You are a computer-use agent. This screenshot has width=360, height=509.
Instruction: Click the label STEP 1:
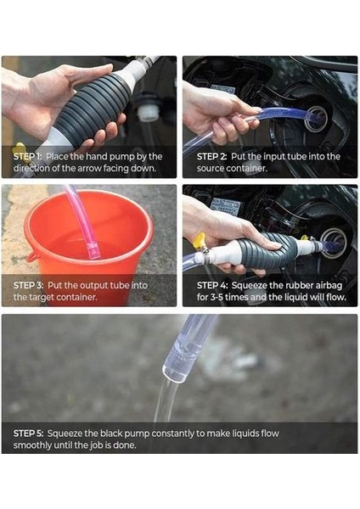coord(27,157)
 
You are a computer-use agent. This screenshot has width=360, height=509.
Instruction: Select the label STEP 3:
coord(28,285)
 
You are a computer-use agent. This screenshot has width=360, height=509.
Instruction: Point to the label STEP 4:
coord(212,285)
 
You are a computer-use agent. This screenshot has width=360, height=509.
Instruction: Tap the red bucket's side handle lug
coord(31,258)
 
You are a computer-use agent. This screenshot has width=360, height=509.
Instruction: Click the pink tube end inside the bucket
coord(93,252)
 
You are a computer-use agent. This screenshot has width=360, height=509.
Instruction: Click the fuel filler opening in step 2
coord(316,118)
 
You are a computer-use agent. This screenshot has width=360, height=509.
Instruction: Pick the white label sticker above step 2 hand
coord(223,88)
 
